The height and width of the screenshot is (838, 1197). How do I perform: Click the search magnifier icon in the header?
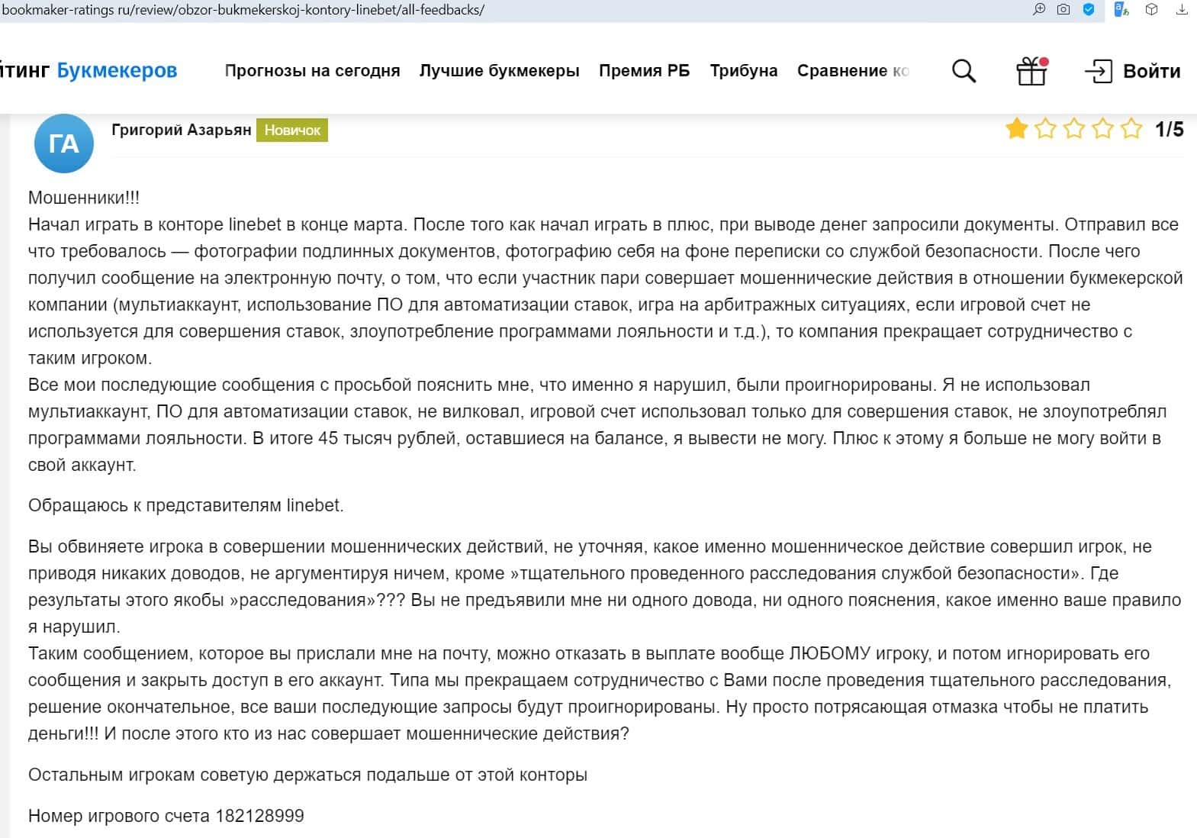click(964, 71)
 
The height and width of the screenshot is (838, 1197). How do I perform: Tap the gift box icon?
click(1031, 71)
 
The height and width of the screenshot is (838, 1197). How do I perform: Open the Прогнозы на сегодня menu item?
click(312, 71)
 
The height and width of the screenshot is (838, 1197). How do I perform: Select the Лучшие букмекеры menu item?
click(499, 71)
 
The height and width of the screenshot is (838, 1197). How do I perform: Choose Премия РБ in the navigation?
click(644, 71)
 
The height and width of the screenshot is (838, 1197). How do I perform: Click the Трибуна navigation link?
click(744, 71)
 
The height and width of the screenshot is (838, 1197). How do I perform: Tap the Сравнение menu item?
click(852, 71)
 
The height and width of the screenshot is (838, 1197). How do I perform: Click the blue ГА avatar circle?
click(64, 143)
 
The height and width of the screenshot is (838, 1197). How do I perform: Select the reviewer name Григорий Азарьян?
click(181, 130)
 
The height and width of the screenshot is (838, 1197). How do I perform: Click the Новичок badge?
click(292, 131)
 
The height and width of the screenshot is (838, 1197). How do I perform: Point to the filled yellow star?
click(1016, 129)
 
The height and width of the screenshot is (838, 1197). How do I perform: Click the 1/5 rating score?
click(1169, 130)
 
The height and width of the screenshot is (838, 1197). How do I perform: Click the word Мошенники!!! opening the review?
click(84, 198)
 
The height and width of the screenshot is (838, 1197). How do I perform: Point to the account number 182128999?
click(259, 816)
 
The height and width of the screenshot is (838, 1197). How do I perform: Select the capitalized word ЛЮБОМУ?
click(829, 653)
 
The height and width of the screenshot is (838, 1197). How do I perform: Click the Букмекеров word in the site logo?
click(117, 71)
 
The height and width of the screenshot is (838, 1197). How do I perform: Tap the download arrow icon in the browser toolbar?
click(1182, 10)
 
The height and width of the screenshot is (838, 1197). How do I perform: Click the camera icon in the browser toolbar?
click(1063, 10)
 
